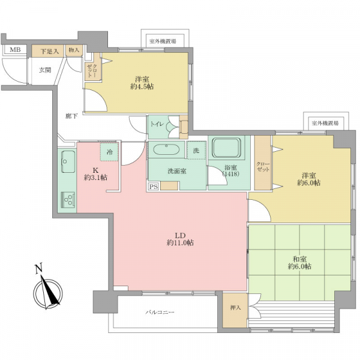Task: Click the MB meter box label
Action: pyautogui.click(x=15, y=49)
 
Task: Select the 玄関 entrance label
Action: pyautogui.click(x=45, y=70)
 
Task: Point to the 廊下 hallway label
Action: pyautogui.click(x=71, y=116)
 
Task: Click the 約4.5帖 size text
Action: pyautogui.click(x=142, y=87)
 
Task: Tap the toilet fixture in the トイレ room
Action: pyautogui.click(x=184, y=127)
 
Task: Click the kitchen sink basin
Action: pyautogui.click(x=68, y=161)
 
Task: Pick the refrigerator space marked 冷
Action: pyautogui.click(x=110, y=152)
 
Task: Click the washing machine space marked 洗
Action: pyautogui.click(x=196, y=151)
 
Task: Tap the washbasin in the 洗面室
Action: pyautogui.click(x=166, y=150)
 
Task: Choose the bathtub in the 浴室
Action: pyautogui.click(x=227, y=148)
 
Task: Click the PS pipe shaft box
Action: pyautogui.click(x=154, y=187)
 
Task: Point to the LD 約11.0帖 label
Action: pyautogui.click(x=180, y=239)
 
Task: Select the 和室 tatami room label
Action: pyautogui.click(x=299, y=259)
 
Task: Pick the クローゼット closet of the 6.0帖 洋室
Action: pyautogui.click(x=263, y=163)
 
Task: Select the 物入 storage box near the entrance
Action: pyautogui.click(x=74, y=50)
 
